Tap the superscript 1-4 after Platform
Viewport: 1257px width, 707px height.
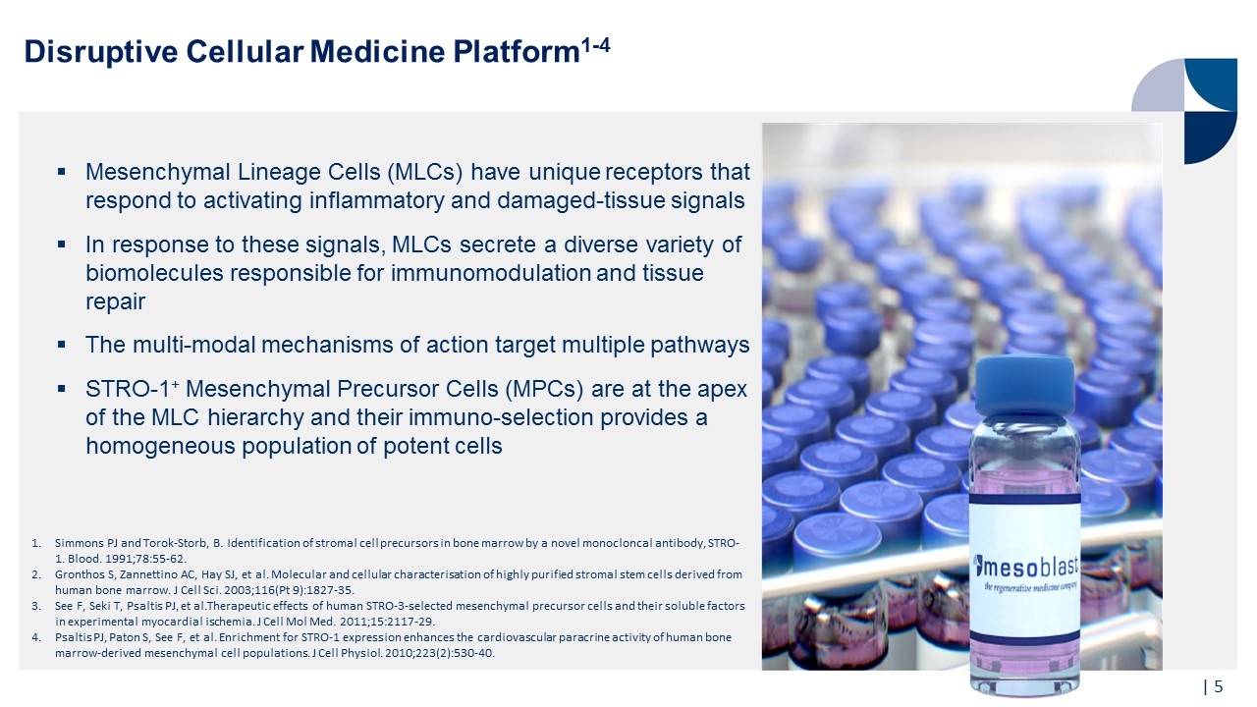click(595, 44)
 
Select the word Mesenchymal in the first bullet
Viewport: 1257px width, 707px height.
click(158, 172)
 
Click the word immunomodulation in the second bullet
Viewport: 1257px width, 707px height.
click(491, 273)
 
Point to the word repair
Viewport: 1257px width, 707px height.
click(116, 302)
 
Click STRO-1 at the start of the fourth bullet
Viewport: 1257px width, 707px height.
click(132, 388)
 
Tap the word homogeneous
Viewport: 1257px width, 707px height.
click(160, 446)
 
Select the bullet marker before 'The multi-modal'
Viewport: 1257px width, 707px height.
click(62, 344)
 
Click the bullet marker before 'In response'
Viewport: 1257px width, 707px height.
click(62, 244)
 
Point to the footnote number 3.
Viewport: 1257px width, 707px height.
click(36, 606)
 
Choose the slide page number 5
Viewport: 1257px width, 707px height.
click(1219, 686)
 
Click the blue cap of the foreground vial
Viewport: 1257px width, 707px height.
click(1024, 386)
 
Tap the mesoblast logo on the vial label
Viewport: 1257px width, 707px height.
click(1026, 567)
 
